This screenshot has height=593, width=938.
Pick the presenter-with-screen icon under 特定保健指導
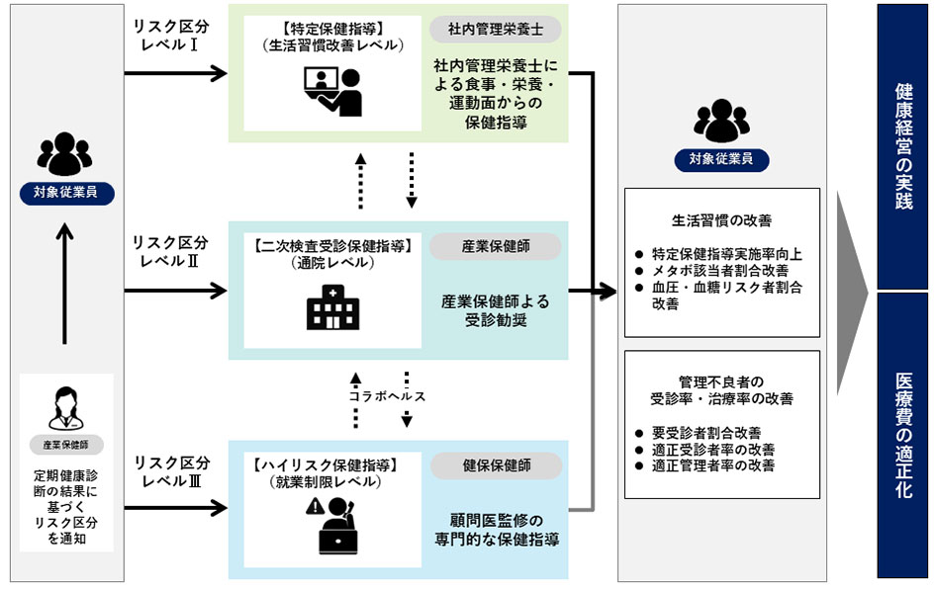[332, 91]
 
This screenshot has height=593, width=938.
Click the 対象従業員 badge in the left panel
[65, 193]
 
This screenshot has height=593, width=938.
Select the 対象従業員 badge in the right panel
[721, 160]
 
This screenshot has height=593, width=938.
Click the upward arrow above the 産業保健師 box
[65, 282]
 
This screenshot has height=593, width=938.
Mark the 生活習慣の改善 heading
[721, 220]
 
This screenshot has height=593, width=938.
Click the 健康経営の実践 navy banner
[902, 147]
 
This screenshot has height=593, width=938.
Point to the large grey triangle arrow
[851, 293]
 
